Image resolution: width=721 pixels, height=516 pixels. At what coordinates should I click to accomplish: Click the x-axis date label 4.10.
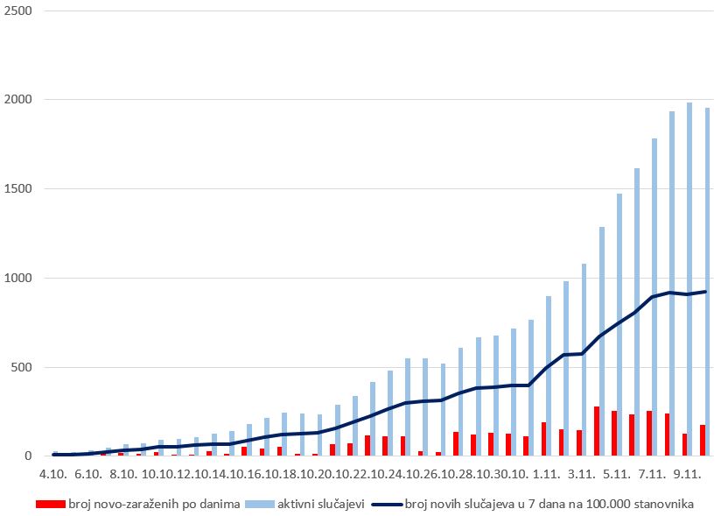point(52,474)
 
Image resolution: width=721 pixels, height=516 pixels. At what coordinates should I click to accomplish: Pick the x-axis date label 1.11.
point(547,474)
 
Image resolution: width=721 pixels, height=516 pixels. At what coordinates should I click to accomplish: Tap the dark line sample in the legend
point(385,504)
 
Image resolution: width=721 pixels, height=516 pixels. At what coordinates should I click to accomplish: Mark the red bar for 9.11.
point(684,445)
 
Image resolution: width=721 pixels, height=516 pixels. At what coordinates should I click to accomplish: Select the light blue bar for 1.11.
point(549,376)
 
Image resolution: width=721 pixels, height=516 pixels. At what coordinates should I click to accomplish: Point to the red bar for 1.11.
point(543,439)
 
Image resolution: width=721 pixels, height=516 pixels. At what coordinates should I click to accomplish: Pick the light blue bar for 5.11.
point(619,324)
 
